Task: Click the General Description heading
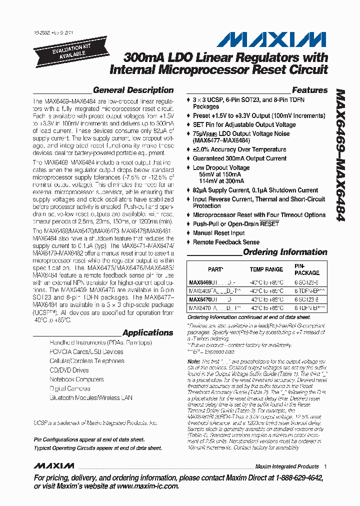133,90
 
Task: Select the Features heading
309,90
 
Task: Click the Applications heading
147,333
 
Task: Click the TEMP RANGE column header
266,269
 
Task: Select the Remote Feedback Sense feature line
226,242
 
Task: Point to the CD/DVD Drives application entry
69,370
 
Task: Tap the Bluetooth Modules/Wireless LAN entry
91,398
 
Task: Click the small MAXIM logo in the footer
53,466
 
